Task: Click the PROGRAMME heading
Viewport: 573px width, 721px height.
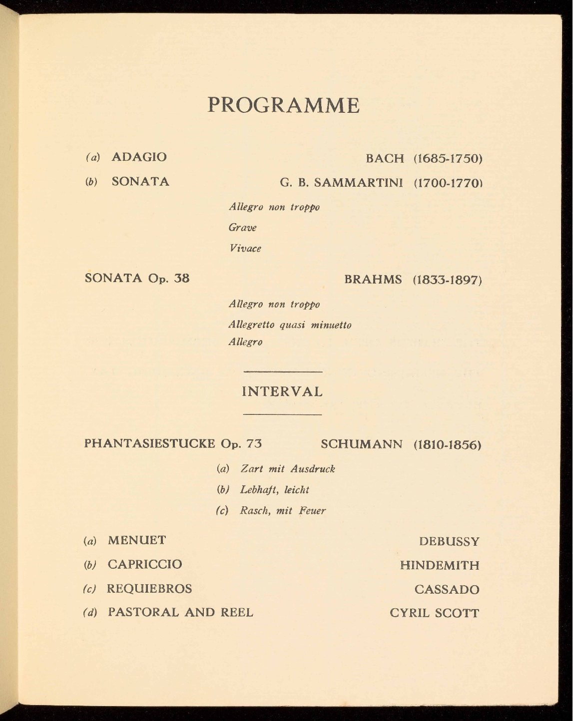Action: click(x=283, y=105)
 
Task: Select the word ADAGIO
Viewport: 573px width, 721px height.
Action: click(x=139, y=157)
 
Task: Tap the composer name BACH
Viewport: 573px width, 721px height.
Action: click(x=385, y=159)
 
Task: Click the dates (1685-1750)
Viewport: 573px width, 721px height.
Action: click(x=447, y=159)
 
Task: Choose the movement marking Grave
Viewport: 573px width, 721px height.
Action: click(x=242, y=228)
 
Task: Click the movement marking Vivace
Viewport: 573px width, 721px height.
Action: click(x=245, y=248)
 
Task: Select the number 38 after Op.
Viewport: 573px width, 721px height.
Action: click(x=181, y=278)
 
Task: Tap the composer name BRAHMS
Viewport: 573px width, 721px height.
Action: click(x=373, y=280)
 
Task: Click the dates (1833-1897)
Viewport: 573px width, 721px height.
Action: click(x=447, y=280)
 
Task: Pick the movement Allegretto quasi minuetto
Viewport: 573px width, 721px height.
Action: click(x=290, y=325)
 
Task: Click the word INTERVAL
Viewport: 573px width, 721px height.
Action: click(x=282, y=392)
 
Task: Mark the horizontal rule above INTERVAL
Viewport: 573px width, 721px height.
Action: click(x=283, y=372)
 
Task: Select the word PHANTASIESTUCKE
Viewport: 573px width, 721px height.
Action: click(x=150, y=444)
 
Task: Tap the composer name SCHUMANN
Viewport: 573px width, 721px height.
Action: click(x=361, y=444)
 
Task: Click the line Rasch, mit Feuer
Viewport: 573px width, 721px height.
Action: click(x=283, y=511)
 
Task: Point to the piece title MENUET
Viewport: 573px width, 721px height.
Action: click(x=137, y=540)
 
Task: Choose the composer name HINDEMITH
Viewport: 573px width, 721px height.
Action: click(x=439, y=566)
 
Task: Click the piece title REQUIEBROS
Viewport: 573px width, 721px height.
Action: click(x=149, y=589)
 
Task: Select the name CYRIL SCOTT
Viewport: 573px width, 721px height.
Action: click(x=434, y=613)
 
